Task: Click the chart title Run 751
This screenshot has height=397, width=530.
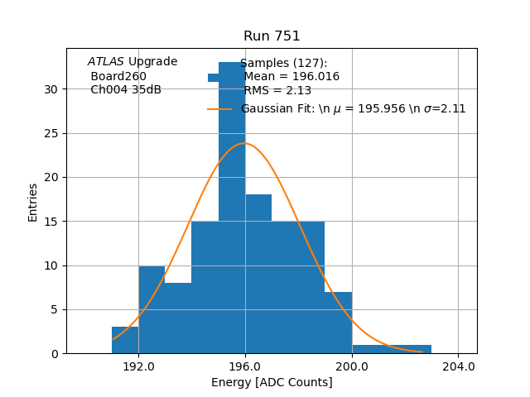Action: click(272, 36)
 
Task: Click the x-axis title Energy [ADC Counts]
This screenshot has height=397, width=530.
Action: click(272, 382)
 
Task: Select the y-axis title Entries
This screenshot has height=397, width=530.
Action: click(33, 202)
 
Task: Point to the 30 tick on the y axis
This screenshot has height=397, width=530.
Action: click(52, 89)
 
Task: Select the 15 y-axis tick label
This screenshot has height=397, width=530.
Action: click(52, 222)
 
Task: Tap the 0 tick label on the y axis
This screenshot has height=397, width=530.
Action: click(55, 354)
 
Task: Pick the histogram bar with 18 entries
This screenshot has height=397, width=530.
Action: click(258, 273)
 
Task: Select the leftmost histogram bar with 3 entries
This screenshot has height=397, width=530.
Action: click(125, 341)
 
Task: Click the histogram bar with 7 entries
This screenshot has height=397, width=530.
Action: click(339, 323)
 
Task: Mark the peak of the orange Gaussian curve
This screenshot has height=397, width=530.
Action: click(244, 143)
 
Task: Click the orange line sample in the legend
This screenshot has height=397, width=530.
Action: click(219, 108)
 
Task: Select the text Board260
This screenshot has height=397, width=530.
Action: click(118, 76)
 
